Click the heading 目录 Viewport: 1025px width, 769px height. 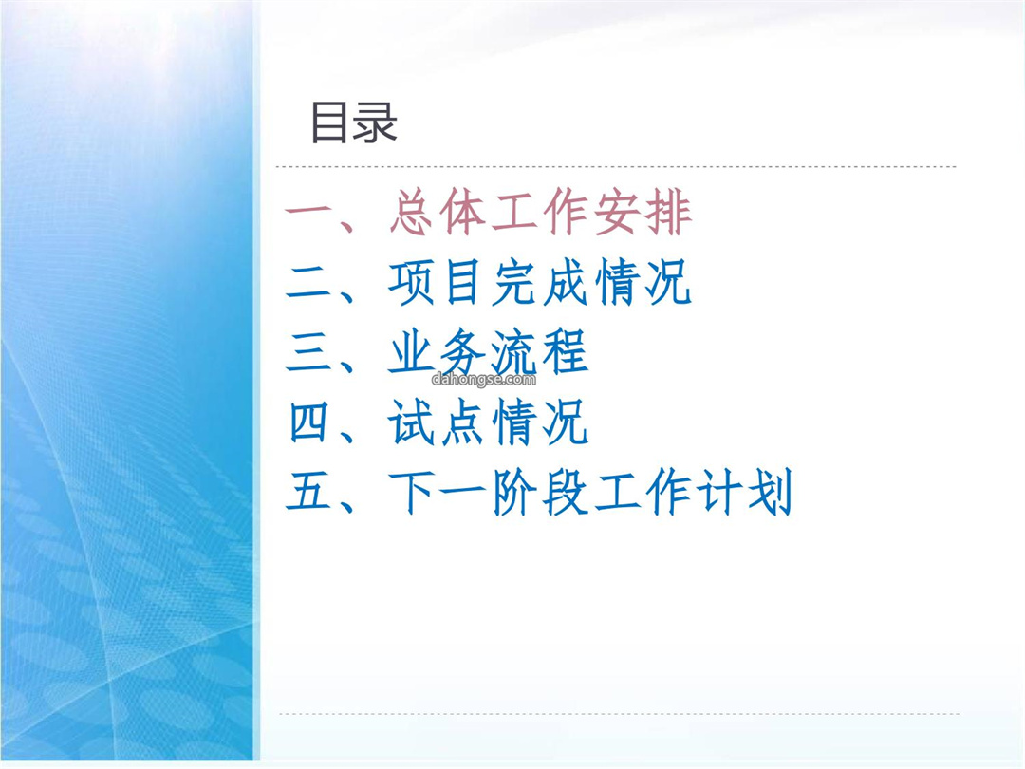pyautogui.click(x=354, y=122)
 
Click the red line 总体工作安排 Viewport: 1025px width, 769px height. pyautogui.click(x=541, y=212)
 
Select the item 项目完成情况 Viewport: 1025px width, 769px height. pyautogui.click(x=540, y=283)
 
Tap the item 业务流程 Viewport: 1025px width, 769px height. pyautogui.click(x=489, y=353)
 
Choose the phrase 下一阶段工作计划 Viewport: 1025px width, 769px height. pyautogui.click(x=591, y=492)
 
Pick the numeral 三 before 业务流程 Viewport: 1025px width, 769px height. pyautogui.click(x=307, y=354)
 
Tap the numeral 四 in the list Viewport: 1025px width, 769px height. pyautogui.click(x=307, y=423)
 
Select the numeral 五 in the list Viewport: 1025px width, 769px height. pyautogui.click(x=307, y=493)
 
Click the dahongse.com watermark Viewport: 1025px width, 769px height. pyautogui.click(x=484, y=379)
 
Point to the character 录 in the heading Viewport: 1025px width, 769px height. pyautogui.click(x=376, y=122)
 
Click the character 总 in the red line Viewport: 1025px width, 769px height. pyautogui.click(x=412, y=212)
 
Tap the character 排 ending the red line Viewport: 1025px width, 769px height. pyautogui.click(x=669, y=212)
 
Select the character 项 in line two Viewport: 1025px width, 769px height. pyautogui.click(x=412, y=283)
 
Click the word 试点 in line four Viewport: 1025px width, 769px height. pyautogui.click(x=438, y=422)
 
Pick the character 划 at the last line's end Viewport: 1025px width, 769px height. pyautogui.click(x=771, y=492)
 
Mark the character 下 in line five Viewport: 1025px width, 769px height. pyautogui.click(x=412, y=493)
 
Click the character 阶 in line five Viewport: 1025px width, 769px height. pyautogui.click(x=514, y=493)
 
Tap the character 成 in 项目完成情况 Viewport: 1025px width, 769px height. pyautogui.click(x=566, y=283)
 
